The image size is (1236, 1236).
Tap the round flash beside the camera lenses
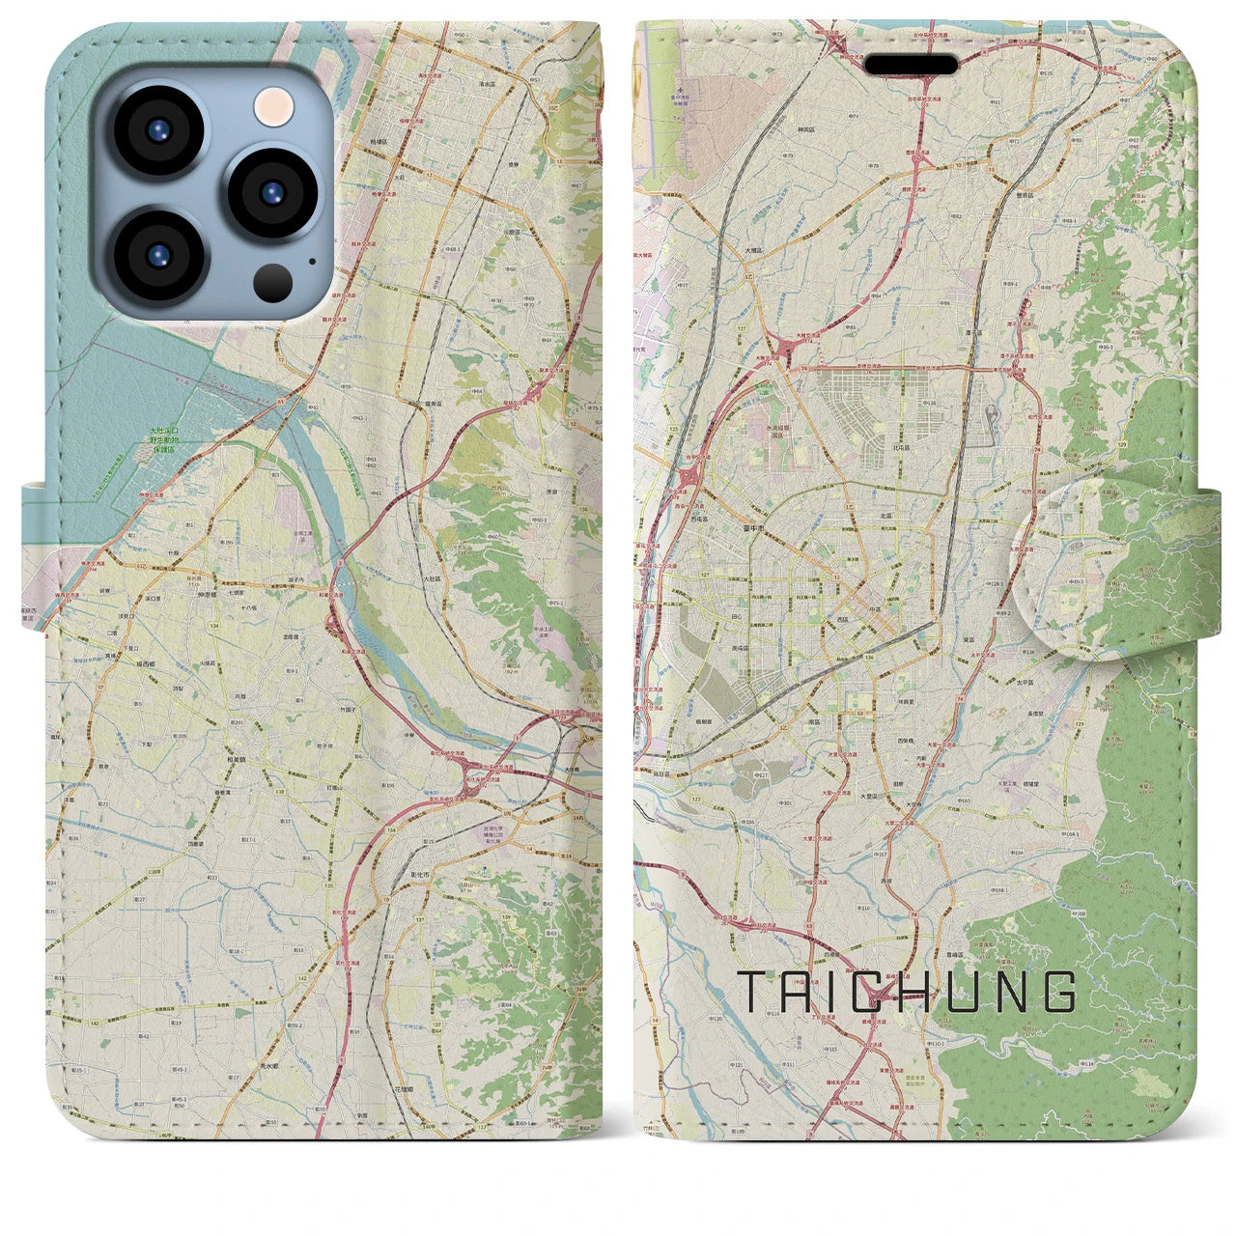point(274,106)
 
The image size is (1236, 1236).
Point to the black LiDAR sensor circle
point(273,281)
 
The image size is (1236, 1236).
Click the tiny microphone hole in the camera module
point(311,260)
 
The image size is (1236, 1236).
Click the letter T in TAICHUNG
point(753,992)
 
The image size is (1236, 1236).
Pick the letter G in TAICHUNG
point(1060,992)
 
